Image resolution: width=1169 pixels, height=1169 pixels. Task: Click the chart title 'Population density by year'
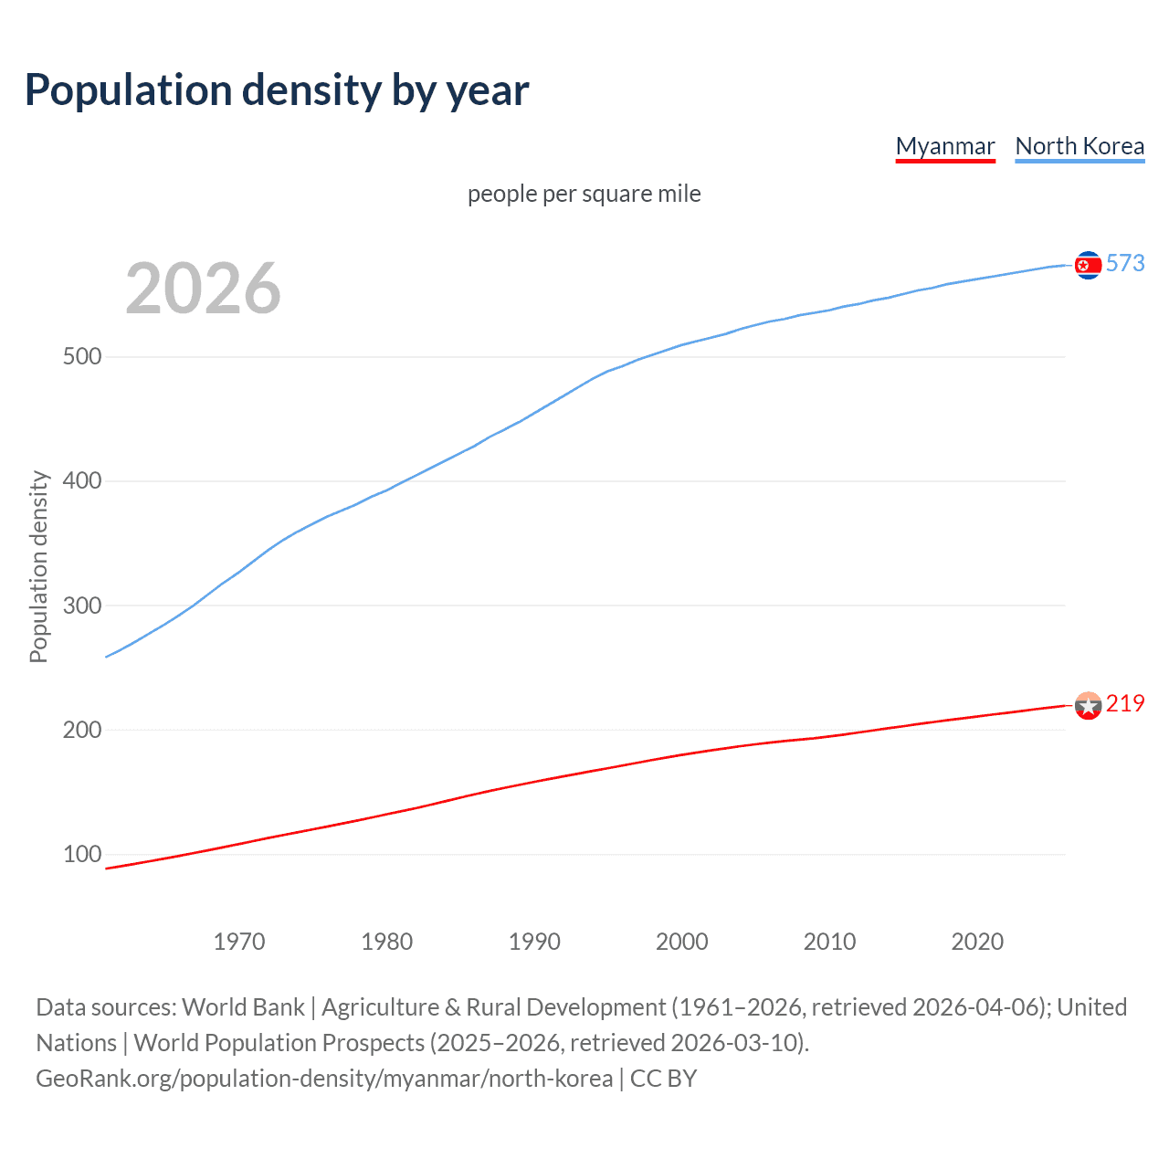point(277,90)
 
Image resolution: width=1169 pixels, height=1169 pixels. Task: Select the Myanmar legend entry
point(945,146)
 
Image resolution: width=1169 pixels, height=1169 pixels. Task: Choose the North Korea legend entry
point(1079,146)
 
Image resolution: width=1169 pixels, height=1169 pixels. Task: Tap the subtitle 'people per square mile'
point(584,194)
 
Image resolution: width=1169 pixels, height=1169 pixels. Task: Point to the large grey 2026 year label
point(203,289)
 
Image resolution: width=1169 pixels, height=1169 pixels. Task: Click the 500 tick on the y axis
point(82,356)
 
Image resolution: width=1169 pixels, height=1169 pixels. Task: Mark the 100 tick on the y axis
point(82,855)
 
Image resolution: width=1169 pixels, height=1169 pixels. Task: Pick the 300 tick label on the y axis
point(82,606)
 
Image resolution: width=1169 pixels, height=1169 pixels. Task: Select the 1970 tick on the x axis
point(239,942)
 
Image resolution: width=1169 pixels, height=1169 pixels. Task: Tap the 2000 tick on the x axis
point(681,942)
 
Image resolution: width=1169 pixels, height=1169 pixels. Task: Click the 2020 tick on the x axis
point(977,942)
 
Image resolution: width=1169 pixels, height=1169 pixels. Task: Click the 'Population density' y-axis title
point(38,566)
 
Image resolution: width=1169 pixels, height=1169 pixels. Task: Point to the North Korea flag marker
point(1088,265)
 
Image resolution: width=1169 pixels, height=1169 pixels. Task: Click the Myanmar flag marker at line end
point(1088,705)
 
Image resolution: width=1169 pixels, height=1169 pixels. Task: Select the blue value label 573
point(1125,263)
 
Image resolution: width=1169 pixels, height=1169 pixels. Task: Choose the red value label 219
point(1125,703)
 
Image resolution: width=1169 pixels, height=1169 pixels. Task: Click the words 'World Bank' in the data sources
point(243,1007)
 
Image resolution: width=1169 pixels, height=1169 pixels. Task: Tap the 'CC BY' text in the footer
point(663,1079)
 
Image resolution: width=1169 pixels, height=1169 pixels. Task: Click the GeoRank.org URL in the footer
point(324,1079)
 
